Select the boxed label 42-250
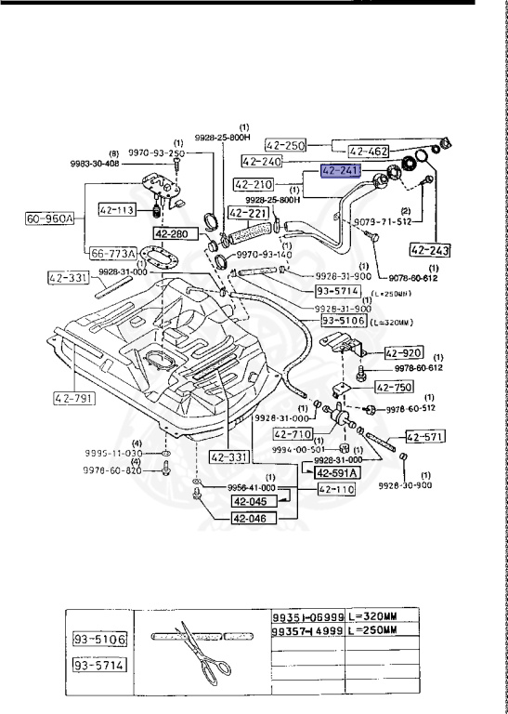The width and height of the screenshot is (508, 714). [285, 145]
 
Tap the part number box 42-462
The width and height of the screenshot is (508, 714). [370, 151]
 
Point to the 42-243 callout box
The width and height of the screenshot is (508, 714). [429, 248]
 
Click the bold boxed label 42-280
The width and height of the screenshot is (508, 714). [172, 234]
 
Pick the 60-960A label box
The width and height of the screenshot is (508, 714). [50, 219]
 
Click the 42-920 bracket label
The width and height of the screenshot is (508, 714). [404, 353]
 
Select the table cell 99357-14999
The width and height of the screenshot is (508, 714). [307, 630]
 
